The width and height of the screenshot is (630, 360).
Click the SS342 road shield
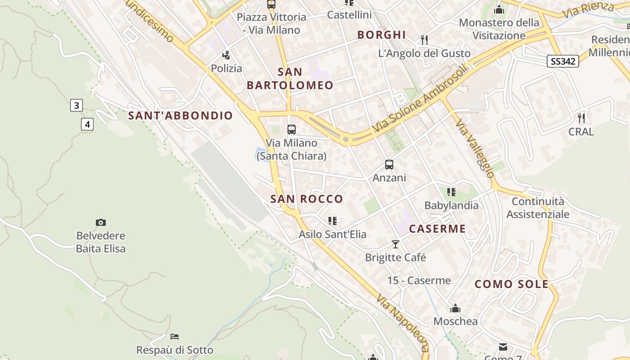(562, 61)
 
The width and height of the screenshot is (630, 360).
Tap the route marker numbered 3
(76, 106)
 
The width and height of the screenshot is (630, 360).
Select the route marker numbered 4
(87, 124)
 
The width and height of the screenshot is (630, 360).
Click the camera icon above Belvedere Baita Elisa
(101, 222)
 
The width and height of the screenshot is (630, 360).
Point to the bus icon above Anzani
(389, 165)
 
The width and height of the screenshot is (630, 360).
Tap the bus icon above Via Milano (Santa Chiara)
(292, 130)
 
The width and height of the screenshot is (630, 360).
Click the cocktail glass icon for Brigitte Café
(396, 244)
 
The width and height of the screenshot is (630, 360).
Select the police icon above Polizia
(226, 55)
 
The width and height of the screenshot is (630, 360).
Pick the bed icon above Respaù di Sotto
(175, 337)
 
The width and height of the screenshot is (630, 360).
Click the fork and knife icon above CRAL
(581, 118)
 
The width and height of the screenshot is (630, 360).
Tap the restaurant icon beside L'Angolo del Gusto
(424, 40)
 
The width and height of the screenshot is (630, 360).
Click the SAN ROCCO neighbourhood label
(306, 199)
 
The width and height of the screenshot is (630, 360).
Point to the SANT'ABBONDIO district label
(180, 116)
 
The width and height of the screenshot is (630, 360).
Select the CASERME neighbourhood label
(437, 229)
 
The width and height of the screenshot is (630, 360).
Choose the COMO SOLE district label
(512, 284)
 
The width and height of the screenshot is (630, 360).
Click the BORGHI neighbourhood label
(382, 35)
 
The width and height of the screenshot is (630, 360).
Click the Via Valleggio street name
(474, 148)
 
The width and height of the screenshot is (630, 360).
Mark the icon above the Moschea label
(455, 309)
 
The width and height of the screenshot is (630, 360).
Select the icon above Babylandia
(451, 192)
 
